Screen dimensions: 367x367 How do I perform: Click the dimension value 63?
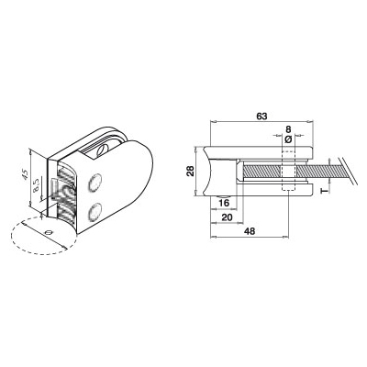262,117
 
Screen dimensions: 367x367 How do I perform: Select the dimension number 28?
190,171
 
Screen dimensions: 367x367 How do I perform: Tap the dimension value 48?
250,231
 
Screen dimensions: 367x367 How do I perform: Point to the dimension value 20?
227,217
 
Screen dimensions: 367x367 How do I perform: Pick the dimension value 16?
224,203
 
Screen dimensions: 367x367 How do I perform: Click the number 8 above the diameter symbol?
288,129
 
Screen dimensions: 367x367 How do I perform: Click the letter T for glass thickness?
325,192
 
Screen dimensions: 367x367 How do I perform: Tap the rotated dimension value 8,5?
36,185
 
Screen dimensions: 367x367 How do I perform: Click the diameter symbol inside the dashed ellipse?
49,232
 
